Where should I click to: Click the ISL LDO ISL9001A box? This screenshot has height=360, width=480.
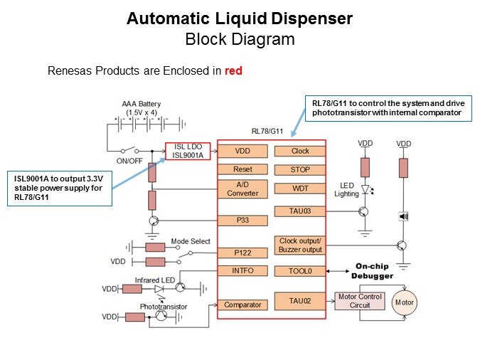(x=188, y=152)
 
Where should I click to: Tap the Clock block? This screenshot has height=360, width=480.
(x=300, y=151)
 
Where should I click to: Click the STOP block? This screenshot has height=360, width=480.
(x=300, y=169)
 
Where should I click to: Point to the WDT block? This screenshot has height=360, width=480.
(x=300, y=189)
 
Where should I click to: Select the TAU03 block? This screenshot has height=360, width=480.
(x=300, y=211)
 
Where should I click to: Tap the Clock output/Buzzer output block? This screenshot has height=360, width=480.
(x=300, y=245)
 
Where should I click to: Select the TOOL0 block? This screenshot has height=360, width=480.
(x=300, y=271)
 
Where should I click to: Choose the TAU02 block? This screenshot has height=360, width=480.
(x=300, y=302)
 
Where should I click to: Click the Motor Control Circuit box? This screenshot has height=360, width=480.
(x=360, y=301)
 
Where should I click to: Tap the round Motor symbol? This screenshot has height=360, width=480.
(x=404, y=302)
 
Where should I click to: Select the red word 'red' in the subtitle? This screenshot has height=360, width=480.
(x=234, y=71)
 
